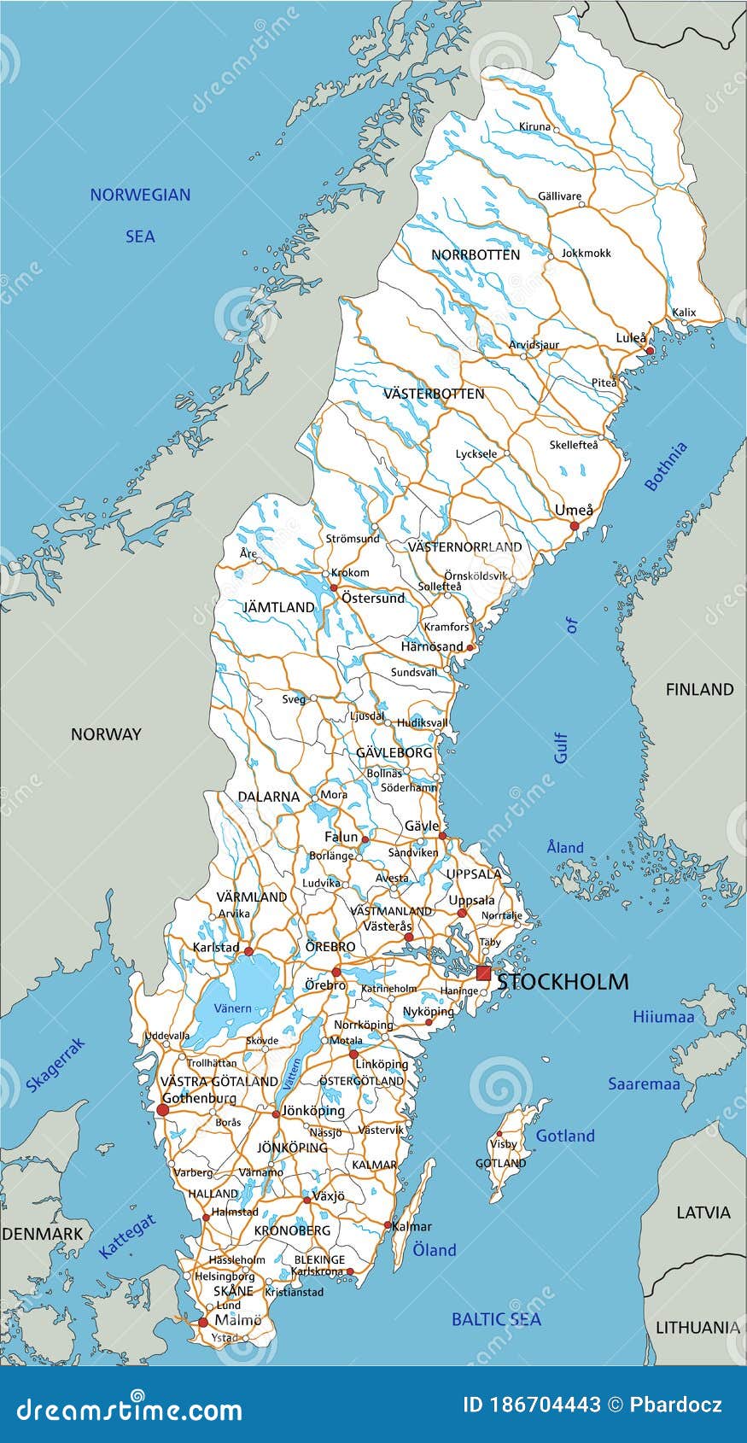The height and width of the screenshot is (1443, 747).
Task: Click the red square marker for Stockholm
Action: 483,973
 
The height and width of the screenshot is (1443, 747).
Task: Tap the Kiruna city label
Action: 535,126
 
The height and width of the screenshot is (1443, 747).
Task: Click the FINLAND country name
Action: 699,689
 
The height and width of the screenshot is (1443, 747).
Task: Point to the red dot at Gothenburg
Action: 162,1110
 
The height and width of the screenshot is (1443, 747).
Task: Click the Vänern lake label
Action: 232,1008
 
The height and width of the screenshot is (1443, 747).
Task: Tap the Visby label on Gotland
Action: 504,1144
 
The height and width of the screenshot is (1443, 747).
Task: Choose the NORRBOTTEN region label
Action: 476,254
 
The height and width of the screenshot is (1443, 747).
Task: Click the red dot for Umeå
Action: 575,526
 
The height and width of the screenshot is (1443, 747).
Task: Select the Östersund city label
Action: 373,598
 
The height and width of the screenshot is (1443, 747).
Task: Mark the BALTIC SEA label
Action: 496,1319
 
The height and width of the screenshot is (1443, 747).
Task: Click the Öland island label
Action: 435,1250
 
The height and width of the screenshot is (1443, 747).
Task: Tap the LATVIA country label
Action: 703,1212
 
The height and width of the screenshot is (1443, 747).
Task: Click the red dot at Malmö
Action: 202,1323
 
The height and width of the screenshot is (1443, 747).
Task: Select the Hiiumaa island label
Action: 663,1017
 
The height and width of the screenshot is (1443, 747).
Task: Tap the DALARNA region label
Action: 268,797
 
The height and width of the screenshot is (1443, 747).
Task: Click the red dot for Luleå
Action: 649,351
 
